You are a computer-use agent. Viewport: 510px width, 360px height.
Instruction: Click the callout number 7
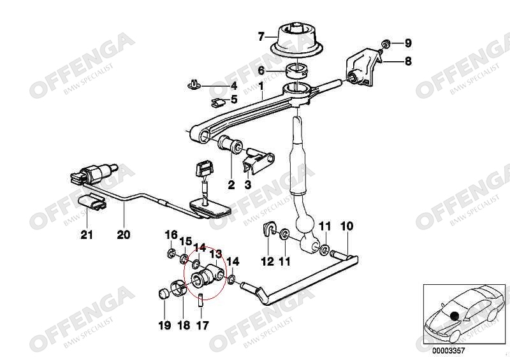click(261, 37)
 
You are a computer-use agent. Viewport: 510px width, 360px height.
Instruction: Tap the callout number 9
click(409, 43)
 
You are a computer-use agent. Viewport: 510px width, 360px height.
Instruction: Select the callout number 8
click(409, 61)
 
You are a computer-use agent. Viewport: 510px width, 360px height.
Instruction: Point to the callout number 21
click(87, 234)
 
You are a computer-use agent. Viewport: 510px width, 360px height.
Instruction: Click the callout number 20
click(124, 234)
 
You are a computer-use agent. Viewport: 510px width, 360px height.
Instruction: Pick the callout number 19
click(164, 326)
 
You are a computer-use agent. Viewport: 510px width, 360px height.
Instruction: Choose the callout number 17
click(202, 326)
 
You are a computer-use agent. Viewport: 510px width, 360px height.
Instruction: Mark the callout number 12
click(267, 261)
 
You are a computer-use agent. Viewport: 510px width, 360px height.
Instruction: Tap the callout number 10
click(346, 226)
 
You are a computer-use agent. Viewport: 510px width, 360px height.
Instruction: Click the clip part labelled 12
click(270, 231)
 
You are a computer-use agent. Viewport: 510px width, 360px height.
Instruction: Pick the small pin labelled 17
click(202, 299)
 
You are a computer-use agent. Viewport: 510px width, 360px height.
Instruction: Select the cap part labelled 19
click(164, 294)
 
